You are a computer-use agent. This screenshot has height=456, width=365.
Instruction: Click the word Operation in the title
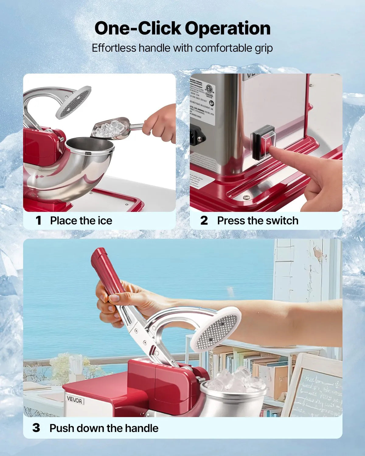pyautogui.click(x=228, y=28)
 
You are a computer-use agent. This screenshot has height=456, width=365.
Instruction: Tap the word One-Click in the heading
pyautogui.click(x=138, y=28)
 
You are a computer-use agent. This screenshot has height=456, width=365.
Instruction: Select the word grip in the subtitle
pyautogui.click(x=264, y=48)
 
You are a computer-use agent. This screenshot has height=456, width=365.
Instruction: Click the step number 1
pyautogui.click(x=38, y=220)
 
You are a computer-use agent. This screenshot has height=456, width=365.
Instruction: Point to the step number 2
pyautogui.click(x=204, y=220)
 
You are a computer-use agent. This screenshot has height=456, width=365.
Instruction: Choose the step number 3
pyautogui.click(x=36, y=428)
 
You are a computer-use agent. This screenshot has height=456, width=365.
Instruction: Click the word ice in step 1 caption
pyautogui.click(x=105, y=220)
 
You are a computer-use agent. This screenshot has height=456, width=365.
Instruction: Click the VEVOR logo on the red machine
pyautogui.click(x=74, y=400)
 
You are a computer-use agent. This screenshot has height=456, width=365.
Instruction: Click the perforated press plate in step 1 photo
pyautogui.click(x=73, y=102)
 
